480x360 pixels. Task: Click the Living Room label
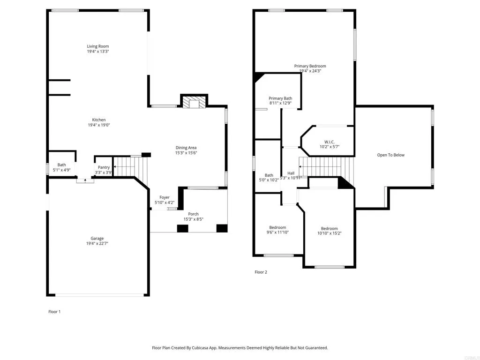point(97,46)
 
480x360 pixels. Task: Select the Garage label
point(97,238)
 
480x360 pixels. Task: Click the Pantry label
point(104,167)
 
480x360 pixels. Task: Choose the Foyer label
point(164,197)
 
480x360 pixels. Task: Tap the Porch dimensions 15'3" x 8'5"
point(193,219)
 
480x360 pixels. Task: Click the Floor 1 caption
point(54,312)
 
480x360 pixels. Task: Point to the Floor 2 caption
point(261,272)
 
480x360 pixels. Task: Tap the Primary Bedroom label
point(310,66)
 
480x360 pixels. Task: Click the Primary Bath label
point(280,98)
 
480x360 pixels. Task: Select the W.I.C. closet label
point(329,142)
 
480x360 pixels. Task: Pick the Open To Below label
point(390,155)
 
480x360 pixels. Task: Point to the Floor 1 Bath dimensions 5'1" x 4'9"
point(61,170)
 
